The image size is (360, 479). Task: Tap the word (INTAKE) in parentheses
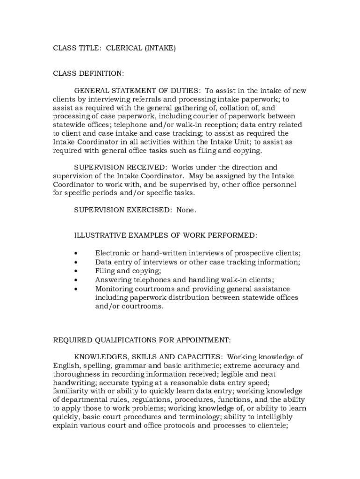pyautogui.click(x=160, y=48)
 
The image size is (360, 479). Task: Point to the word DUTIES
pyautogui.click(x=186, y=91)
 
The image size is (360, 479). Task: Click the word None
pyautogui.click(x=186, y=210)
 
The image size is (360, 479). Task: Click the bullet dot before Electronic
pyautogui.click(x=75, y=254)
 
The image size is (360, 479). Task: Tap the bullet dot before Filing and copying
pyautogui.click(x=75, y=271)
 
